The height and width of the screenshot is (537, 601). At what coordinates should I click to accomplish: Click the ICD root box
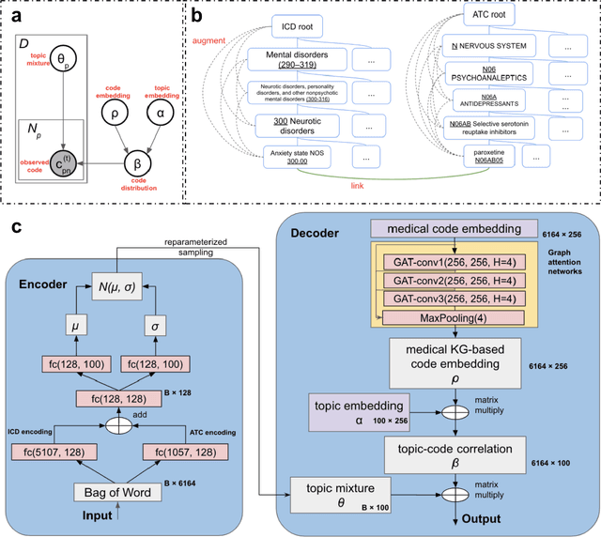click(x=298, y=28)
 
